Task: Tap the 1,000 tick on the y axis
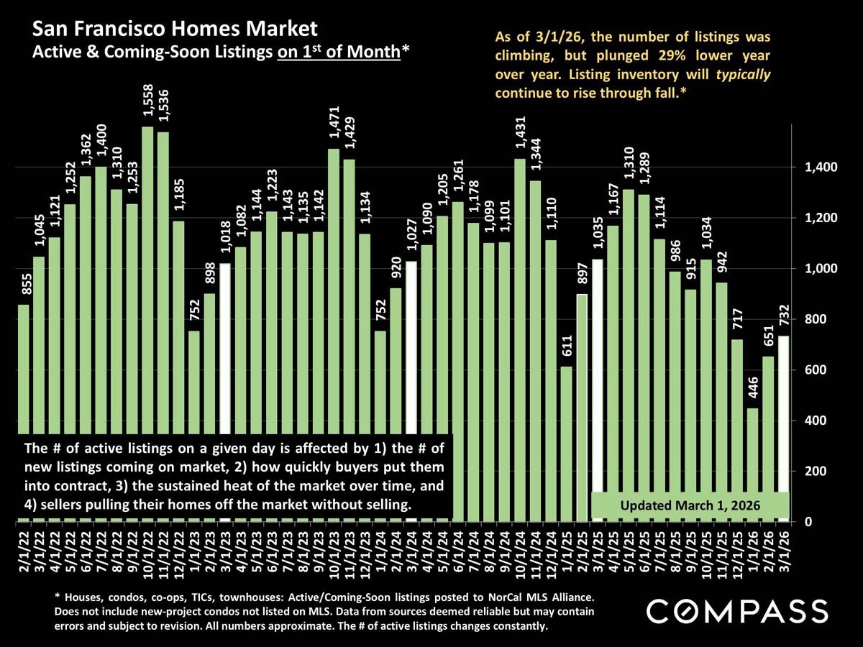click(813, 269)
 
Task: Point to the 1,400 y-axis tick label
click(813, 168)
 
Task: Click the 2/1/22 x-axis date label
click(24, 550)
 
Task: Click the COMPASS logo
click(737, 612)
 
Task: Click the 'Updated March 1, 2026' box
click(690, 503)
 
